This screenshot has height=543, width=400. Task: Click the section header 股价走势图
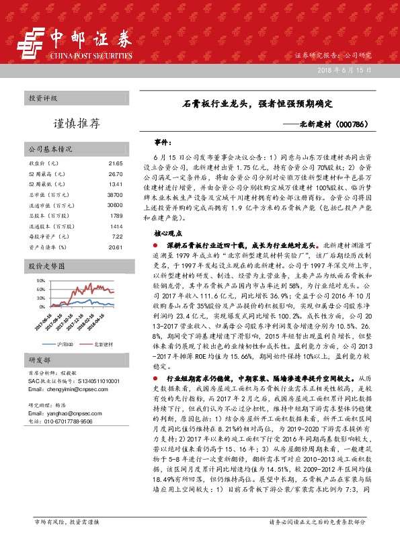(x=46, y=267)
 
